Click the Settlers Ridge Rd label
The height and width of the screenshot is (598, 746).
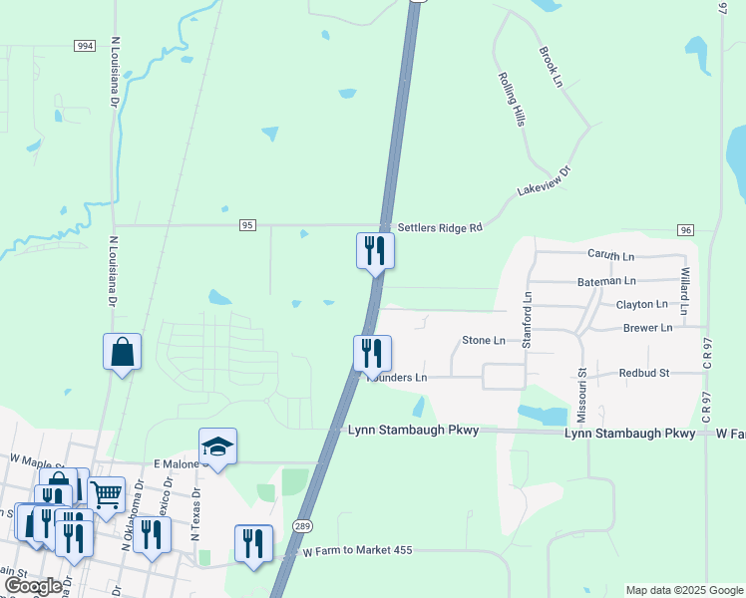click(440, 228)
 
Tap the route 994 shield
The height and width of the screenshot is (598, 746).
click(85, 46)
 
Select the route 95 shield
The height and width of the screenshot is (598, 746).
click(247, 226)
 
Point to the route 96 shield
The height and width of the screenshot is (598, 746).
click(684, 230)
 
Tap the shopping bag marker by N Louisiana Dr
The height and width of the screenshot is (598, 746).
click(122, 352)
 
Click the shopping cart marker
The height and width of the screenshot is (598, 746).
click(107, 492)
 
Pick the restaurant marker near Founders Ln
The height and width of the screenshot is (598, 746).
click(372, 353)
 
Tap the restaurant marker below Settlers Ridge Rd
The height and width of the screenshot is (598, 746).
click(376, 249)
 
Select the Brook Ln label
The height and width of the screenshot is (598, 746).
click(551, 67)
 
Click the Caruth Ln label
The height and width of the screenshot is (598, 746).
click(610, 256)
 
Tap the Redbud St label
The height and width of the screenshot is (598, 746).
click(643, 373)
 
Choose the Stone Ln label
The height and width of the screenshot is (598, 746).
click(484, 341)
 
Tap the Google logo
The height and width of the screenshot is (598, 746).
click(33, 586)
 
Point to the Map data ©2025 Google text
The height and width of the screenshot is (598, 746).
click(684, 590)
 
